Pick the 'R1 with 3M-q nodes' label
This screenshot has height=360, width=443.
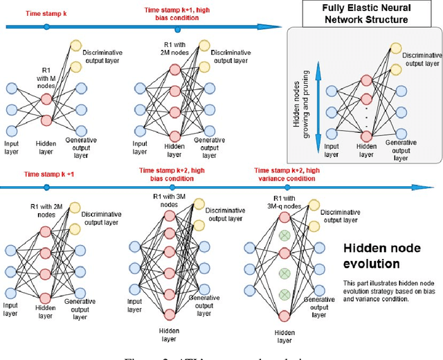coord(284,201)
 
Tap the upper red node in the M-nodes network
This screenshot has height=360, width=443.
coord(46,100)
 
